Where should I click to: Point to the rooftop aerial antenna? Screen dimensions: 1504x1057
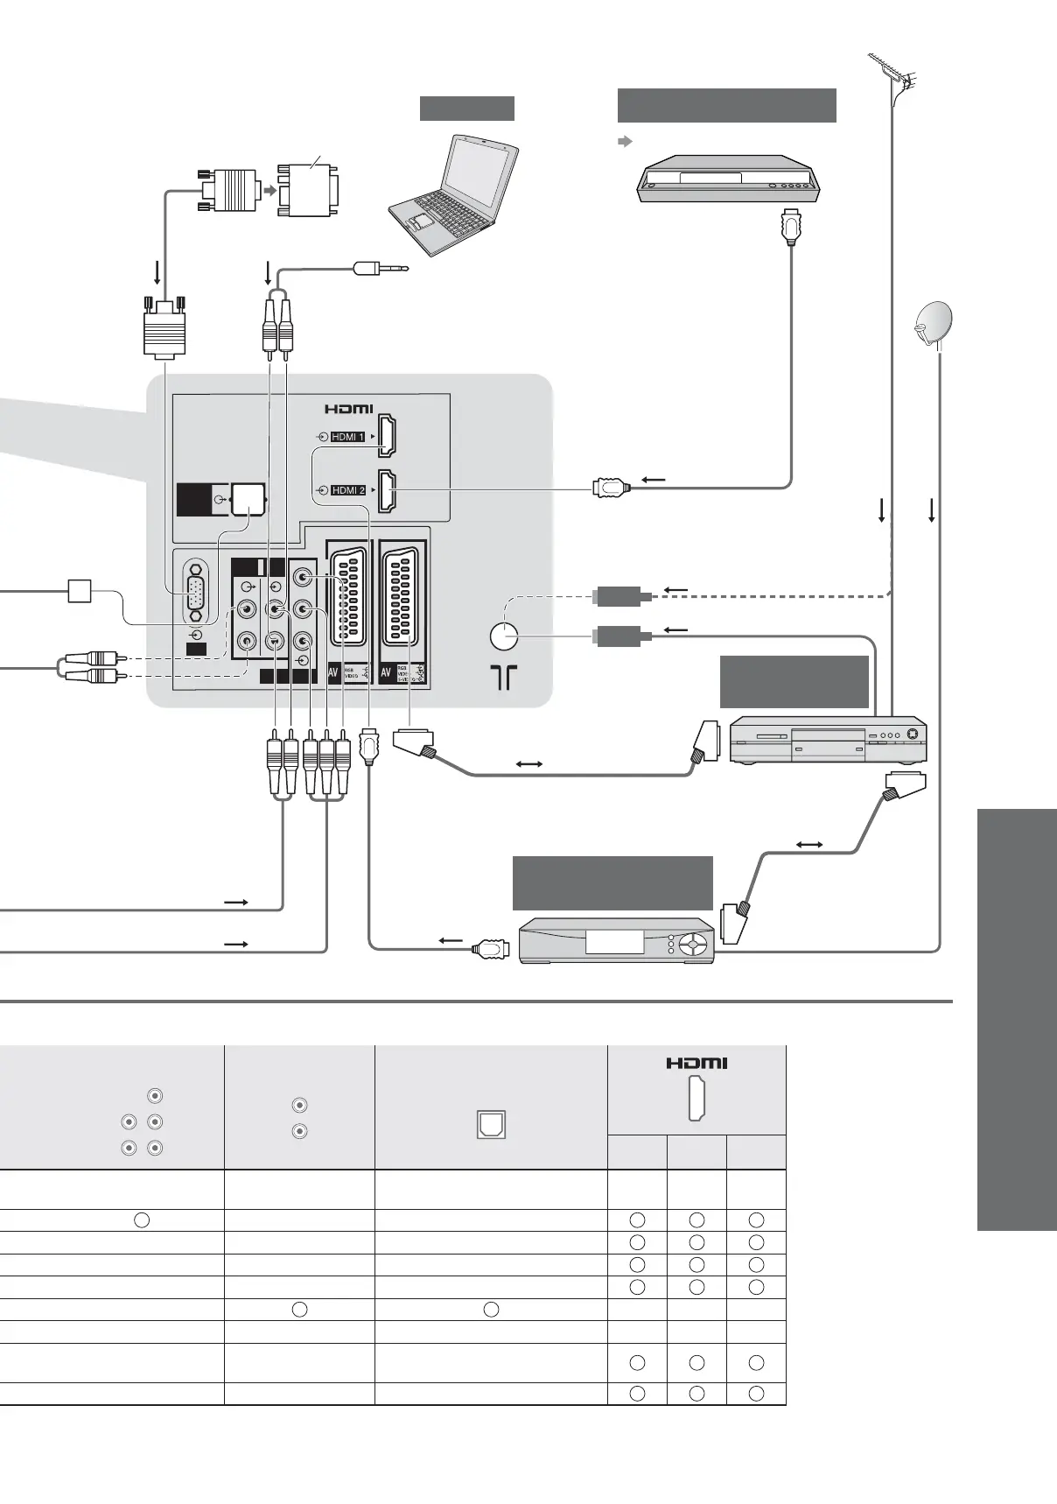tap(894, 74)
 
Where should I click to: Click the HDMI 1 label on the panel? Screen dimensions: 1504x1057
tap(348, 436)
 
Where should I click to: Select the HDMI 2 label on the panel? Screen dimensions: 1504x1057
tap(348, 490)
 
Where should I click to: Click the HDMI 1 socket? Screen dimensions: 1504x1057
tap(386, 436)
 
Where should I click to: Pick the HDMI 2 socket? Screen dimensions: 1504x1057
tap(386, 491)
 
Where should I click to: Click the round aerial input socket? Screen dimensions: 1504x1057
tap(504, 636)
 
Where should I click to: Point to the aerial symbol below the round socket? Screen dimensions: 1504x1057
tap(504, 677)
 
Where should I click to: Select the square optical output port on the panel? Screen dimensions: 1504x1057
tap(248, 499)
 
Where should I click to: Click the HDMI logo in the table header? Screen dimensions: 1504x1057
tap(696, 1063)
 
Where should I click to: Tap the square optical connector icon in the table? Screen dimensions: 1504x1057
tap(491, 1124)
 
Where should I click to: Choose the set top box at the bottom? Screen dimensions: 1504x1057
tap(617, 941)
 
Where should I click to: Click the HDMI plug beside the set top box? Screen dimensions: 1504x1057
tap(491, 948)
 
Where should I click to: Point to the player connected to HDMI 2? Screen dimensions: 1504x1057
tap(729, 179)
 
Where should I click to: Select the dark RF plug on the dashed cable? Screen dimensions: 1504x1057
tap(621, 597)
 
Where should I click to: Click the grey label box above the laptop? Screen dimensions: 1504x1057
tap(466, 108)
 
